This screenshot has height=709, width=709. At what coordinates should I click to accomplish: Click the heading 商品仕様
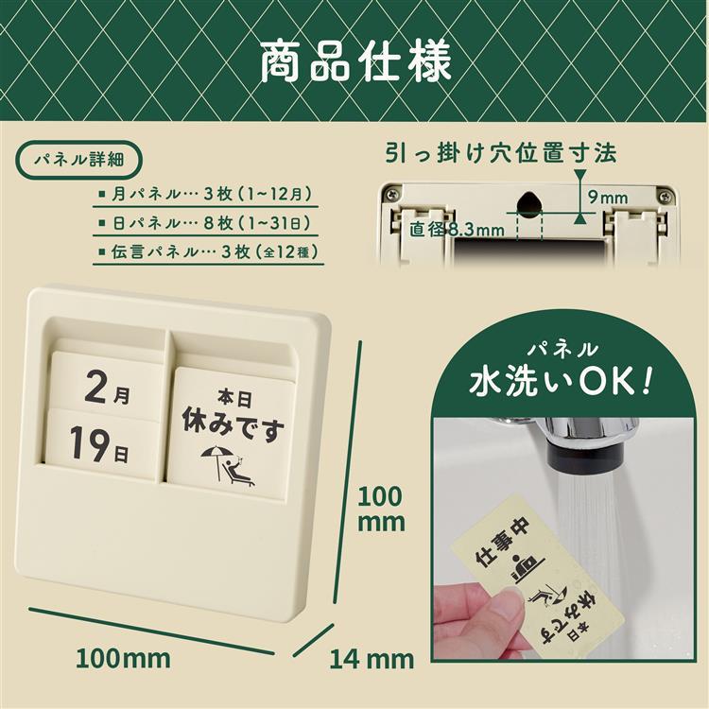[x=355, y=62]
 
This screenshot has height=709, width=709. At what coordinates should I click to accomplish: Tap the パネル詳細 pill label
[x=79, y=160]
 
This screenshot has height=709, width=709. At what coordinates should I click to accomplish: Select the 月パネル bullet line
[x=206, y=195]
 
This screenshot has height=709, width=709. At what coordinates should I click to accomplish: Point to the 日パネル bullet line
[x=205, y=223]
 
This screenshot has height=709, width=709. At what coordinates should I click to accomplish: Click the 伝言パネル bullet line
[x=209, y=251]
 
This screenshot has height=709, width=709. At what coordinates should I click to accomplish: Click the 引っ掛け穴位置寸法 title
[x=501, y=153]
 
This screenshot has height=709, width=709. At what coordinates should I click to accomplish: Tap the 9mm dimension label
[x=608, y=198]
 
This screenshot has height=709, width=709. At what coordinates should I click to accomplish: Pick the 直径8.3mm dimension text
[x=457, y=230]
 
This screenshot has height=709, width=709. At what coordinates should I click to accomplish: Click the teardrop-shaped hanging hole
[x=528, y=202]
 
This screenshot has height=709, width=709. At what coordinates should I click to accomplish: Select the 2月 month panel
[x=107, y=387]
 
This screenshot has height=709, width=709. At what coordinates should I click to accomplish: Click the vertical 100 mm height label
[x=381, y=510]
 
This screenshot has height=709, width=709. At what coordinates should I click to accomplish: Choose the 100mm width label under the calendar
[x=123, y=658]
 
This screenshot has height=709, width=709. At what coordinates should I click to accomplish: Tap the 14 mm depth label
[x=372, y=659]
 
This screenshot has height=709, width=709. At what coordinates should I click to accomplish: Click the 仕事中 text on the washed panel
[x=503, y=544]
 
